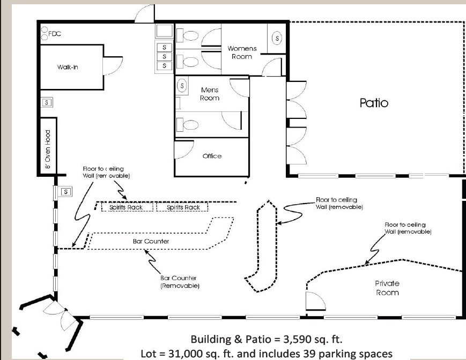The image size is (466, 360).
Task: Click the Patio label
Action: coord(374,103)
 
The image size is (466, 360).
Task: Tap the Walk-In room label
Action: coord(68,67)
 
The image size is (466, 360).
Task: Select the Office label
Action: coord(212,156)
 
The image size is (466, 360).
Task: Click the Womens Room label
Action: coord(242,52)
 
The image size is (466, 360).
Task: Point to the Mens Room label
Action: coord(210,94)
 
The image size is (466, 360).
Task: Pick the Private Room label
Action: coord(387,288)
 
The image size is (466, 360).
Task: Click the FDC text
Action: coord(55,34)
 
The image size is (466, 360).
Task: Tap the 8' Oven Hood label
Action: coord(48,149)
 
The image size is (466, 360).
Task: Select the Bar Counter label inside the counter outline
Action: coord(151,241)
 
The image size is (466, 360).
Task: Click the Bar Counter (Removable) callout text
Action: coord(180,282)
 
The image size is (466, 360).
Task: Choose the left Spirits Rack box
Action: coord(127,207)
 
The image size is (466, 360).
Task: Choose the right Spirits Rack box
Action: coord(182,207)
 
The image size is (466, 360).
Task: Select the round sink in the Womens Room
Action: coord(277,38)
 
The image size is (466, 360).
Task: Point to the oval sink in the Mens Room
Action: coord(182,86)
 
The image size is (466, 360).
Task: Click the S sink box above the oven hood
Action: coord(47,102)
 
